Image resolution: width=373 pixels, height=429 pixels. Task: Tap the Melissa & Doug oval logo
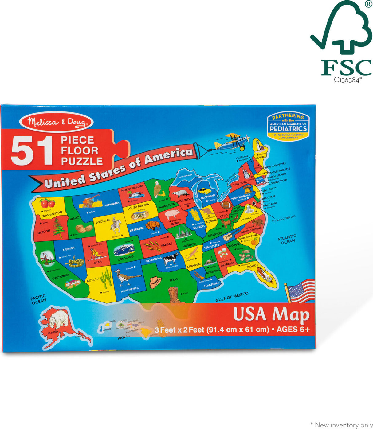click(x=56, y=122)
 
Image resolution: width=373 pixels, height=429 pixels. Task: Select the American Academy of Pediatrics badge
click(x=288, y=126)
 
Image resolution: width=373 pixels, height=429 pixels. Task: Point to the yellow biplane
click(x=233, y=142)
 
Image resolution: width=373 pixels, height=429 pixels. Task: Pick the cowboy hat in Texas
click(x=155, y=281)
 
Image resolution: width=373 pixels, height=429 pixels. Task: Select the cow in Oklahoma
click(x=171, y=259)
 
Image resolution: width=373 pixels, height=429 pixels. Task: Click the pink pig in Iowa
click(x=172, y=213)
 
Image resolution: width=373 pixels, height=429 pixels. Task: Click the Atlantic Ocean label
click(x=287, y=239)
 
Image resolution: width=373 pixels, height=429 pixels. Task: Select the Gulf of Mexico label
click(x=232, y=297)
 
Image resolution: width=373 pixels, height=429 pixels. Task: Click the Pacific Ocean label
click(x=39, y=299)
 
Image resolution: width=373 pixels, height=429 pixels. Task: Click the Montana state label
click(x=112, y=204)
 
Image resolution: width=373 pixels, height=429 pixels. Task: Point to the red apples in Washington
click(x=47, y=203)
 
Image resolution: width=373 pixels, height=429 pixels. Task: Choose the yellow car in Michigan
click(x=205, y=191)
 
